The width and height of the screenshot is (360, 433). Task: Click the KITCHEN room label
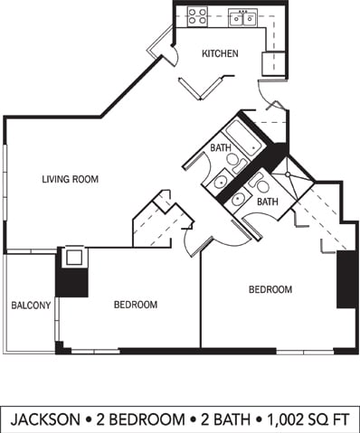220,53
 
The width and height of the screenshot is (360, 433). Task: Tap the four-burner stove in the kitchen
197,15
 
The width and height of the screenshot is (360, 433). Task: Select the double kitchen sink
242,16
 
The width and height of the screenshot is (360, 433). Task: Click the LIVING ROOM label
70,179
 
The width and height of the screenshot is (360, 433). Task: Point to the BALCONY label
30,306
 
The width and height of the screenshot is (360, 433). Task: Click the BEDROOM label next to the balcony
136,305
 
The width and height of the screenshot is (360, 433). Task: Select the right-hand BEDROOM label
270,289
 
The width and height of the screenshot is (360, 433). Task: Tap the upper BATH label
221,147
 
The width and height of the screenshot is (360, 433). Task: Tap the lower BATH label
267,202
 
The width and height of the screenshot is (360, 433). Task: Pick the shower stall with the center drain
288,174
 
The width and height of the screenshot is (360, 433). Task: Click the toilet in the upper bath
234,164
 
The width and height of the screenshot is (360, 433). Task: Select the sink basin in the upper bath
220,182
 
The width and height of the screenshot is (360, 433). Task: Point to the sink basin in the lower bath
238,200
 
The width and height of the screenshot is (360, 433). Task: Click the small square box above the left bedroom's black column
73,257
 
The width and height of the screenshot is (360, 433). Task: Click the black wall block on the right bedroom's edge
345,279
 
